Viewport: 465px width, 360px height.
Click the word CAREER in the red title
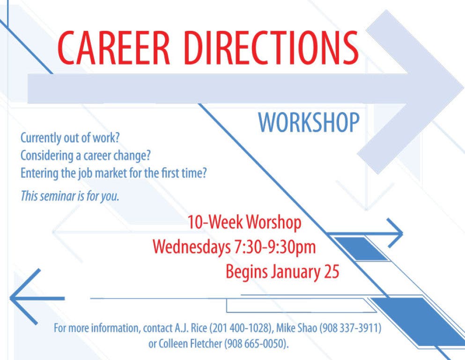114,48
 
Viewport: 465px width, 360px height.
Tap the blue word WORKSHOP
309,122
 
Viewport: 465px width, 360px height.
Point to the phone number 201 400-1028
241,328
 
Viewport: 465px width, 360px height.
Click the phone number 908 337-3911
350,328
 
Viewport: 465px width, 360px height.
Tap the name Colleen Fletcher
190,344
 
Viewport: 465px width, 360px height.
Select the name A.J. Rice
191,328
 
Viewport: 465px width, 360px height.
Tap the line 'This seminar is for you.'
70,196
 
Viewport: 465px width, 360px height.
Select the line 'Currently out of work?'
70,138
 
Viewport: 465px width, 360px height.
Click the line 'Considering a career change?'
86,156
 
